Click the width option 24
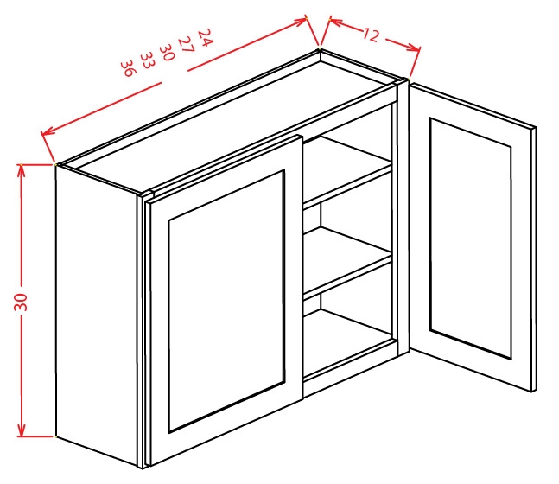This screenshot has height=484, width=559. pyautogui.click(x=206, y=37)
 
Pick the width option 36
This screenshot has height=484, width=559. pyautogui.click(x=129, y=68)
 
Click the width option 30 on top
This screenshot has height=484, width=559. pyautogui.click(x=167, y=52)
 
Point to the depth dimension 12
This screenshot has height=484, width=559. pyautogui.click(x=371, y=35)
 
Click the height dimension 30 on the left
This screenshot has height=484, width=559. pyautogui.click(x=21, y=302)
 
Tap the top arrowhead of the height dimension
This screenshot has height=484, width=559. pyautogui.click(x=22, y=170)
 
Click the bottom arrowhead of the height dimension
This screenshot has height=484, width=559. pyautogui.click(x=22, y=430)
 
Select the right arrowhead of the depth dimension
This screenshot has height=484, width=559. pyautogui.click(x=414, y=47)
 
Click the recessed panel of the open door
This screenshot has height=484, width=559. pyautogui.click(x=471, y=239)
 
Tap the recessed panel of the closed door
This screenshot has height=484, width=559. pyautogui.click(x=226, y=302)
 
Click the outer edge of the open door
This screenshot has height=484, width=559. pyautogui.click(x=534, y=259)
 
